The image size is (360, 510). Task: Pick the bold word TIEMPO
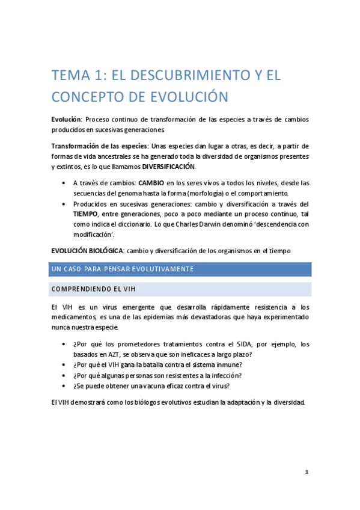(85, 214)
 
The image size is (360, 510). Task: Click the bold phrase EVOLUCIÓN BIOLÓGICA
(90, 251)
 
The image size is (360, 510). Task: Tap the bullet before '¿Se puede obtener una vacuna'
(64, 386)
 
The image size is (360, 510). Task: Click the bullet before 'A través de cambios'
(64, 183)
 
